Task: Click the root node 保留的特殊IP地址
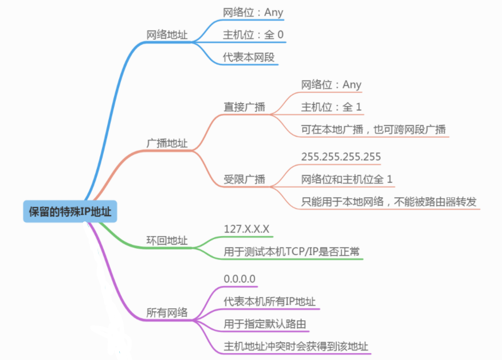click(70, 212)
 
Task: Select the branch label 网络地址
click(167, 34)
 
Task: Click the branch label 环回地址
click(167, 241)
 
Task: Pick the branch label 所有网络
click(167, 313)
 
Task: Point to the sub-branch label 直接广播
click(244, 107)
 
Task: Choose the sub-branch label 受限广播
click(244, 179)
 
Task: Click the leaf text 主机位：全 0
click(253, 34)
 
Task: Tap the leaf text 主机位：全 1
click(331, 107)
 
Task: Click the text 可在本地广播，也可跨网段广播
click(373, 130)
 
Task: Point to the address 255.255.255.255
click(341, 156)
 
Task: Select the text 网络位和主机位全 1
click(347, 179)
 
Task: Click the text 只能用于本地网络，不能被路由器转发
click(389, 202)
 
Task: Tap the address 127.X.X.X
click(246, 229)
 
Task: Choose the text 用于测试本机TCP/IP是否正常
click(292, 252)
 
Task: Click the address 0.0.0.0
click(240, 279)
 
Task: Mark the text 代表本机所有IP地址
click(269, 302)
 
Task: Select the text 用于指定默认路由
click(265, 324)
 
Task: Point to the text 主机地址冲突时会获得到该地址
click(295, 346)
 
